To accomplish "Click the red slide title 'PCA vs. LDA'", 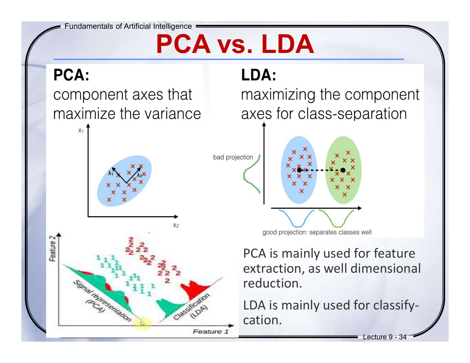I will coord(235,44).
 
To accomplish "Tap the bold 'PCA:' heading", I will coord(71,75).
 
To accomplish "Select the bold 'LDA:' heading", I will coord(259,75).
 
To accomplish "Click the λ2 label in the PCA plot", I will coord(139,175).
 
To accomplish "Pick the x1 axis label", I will coord(81,131).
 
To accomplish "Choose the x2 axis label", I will coord(176,225).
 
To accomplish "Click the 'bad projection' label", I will coord(233,157).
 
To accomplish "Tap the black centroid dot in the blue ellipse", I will coord(299,170).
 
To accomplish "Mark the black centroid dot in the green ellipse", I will coord(343,170).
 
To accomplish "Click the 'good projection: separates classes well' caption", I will coord(317,232).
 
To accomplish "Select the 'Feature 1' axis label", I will coord(211,332).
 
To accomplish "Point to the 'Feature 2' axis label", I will coord(52,248).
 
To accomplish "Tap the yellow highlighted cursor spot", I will coord(143,323).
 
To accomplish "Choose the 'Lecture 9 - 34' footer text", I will coord(385,337).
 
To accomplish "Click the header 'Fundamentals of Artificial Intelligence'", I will coord(128,26).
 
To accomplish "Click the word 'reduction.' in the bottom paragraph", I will coord(272,283).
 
